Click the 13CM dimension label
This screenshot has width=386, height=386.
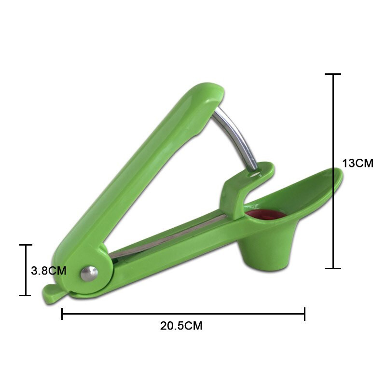[x=358, y=163]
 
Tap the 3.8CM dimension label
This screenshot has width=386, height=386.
[x=48, y=270]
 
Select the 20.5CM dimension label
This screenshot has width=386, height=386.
[x=181, y=326]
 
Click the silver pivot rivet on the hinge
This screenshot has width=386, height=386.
[x=89, y=273]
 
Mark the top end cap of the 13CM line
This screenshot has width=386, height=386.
[x=333, y=74]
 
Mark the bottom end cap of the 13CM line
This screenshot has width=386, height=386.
[x=333, y=268]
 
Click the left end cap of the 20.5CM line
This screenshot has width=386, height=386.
[x=62, y=314]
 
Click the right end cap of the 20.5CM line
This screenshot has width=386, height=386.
[x=304, y=314]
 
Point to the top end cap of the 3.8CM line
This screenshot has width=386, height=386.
[x=25, y=245]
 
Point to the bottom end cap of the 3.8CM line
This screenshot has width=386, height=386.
[x=25, y=295]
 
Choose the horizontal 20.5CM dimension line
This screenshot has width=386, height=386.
[x=183, y=314]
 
